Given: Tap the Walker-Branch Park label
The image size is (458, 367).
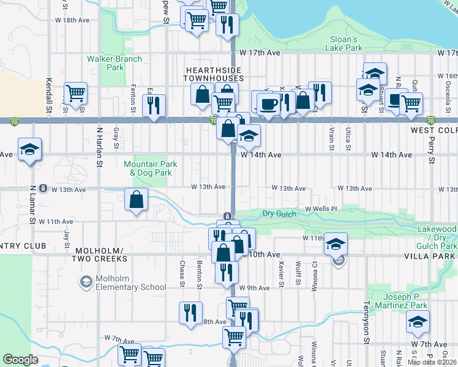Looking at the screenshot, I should (x=114, y=63).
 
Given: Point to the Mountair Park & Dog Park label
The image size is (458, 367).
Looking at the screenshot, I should (x=151, y=168).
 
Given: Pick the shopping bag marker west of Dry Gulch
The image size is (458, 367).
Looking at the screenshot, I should (x=136, y=199).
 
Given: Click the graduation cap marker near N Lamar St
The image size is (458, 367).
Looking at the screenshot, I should (x=29, y=150).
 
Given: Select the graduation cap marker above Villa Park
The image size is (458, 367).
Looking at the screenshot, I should (x=335, y=243).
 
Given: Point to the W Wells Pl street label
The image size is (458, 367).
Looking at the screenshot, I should (x=321, y=209).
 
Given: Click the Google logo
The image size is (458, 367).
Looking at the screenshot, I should (x=20, y=359).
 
